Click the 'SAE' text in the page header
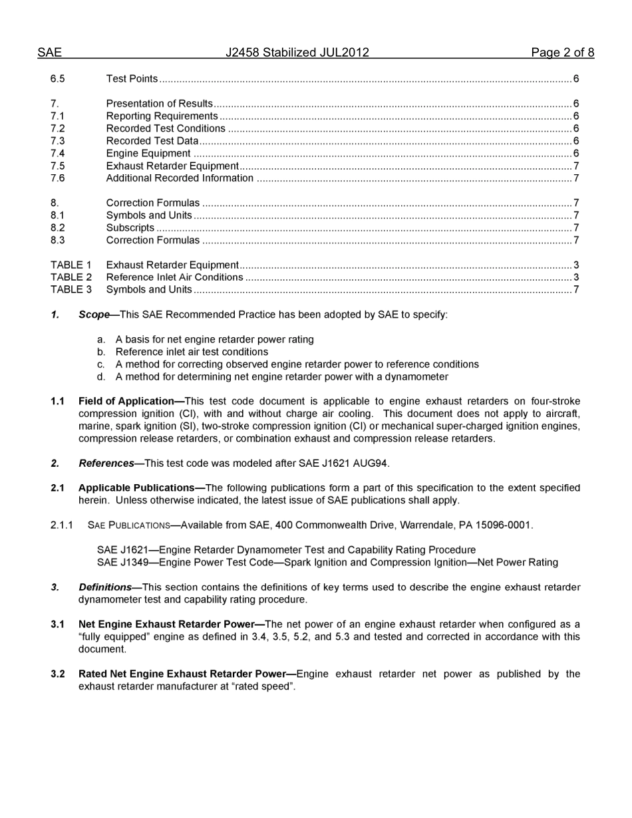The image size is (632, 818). click(49, 53)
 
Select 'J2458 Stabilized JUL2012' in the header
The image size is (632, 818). click(297, 53)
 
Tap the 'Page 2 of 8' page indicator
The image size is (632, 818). click(562, 53)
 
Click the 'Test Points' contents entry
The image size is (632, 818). click(132, 79)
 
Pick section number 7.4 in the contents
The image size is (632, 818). click(58, 154)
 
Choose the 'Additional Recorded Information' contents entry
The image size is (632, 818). click(180, 178)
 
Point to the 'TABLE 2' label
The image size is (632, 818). click(71, 277)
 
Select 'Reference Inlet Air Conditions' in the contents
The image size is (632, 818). click(174, 277)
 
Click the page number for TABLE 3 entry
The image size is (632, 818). click(576, 289)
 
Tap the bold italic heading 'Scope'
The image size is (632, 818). click(94, 315)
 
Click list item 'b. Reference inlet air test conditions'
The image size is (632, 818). click(192, 352)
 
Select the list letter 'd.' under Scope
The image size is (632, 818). click(101, 377)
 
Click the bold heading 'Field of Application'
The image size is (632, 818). click(126, 401)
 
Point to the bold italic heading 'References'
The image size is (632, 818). click(106, 464)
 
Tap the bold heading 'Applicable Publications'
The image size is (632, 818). click(137, 488)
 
